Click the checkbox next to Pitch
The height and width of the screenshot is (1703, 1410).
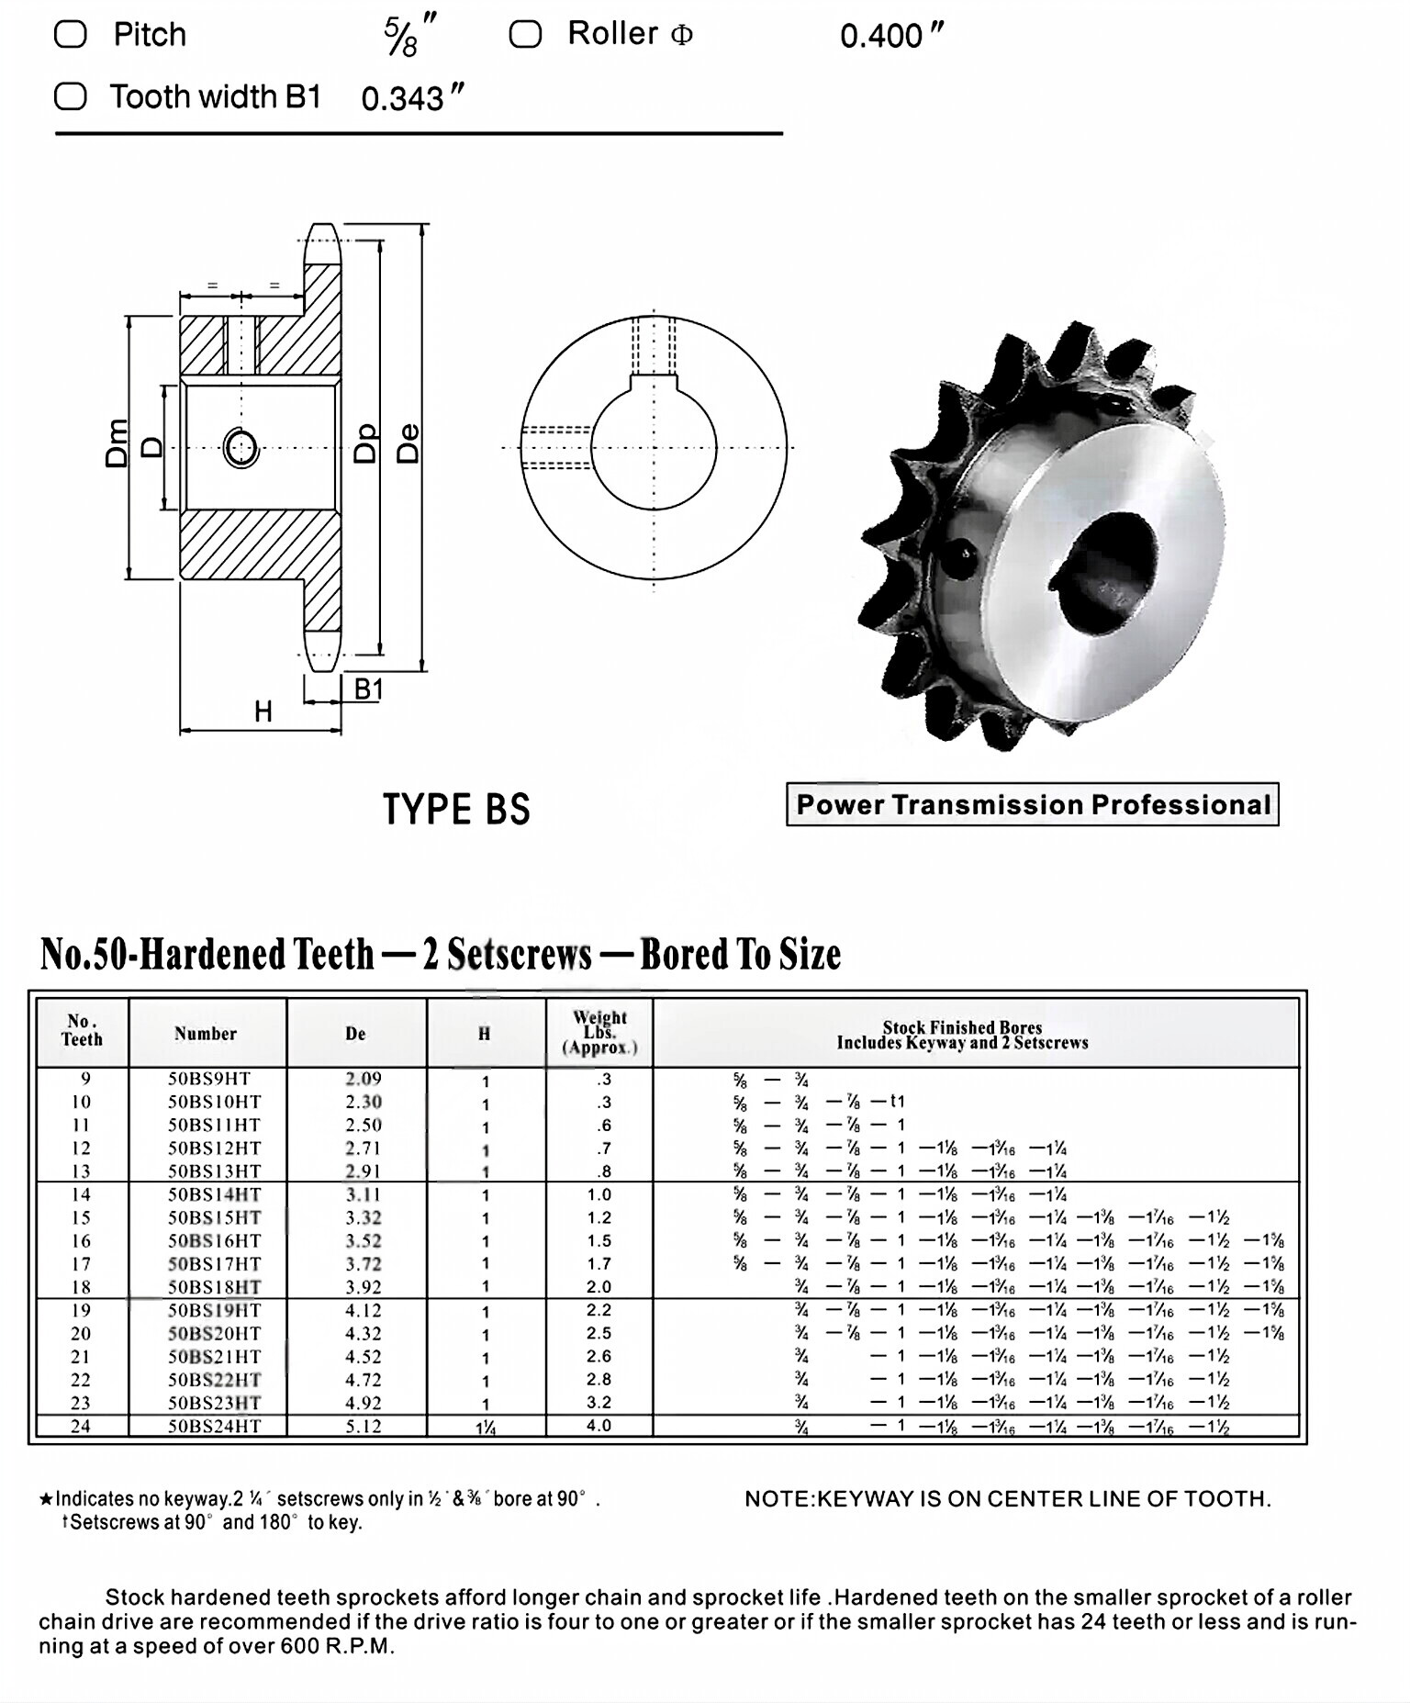point(71,35)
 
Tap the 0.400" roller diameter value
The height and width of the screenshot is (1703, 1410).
point(890,37)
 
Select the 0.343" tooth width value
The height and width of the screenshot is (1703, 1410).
point(412,98)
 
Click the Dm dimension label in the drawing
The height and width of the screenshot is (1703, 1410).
point(117,443)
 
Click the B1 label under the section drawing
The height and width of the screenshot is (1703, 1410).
point(368,689)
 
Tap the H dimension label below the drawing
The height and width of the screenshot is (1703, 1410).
point(263,711)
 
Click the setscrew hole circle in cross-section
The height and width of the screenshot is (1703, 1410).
point(241,448)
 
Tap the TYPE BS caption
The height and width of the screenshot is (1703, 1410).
point(456,810)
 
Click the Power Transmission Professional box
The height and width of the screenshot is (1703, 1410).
point(1032,805)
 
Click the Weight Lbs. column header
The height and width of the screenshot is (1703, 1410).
point(599,1033)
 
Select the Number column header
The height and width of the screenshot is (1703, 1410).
point(206,1034)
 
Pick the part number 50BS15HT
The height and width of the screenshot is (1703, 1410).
point(214,1218)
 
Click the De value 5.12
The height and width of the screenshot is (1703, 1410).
point(364,1426)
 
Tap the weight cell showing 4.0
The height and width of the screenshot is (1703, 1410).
point(599,1426)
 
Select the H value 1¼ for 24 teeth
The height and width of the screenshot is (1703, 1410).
point(486,1428)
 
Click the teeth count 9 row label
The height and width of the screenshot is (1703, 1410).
point(81,1079)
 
